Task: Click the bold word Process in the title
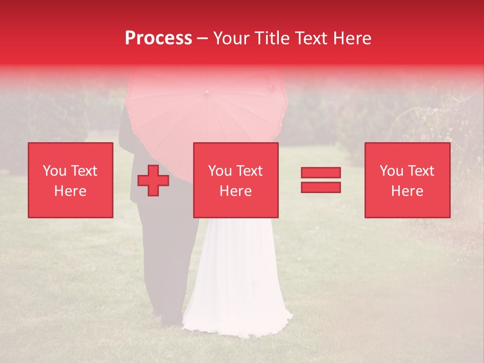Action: coord(158,38)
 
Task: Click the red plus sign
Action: coord(153,180)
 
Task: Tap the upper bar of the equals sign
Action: coord(321,172)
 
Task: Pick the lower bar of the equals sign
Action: coord(321,187)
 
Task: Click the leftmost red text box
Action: coord(71,180)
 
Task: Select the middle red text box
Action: coord(235,180)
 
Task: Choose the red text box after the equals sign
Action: coord(407,180)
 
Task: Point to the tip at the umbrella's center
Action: coord(206,93)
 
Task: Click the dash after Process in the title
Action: coord(203,39)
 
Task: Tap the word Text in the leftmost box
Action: coord(83,171)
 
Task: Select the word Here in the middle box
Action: coord(235,191)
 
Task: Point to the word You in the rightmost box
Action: coord(392,171)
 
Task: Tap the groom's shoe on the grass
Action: coord(171,321)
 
